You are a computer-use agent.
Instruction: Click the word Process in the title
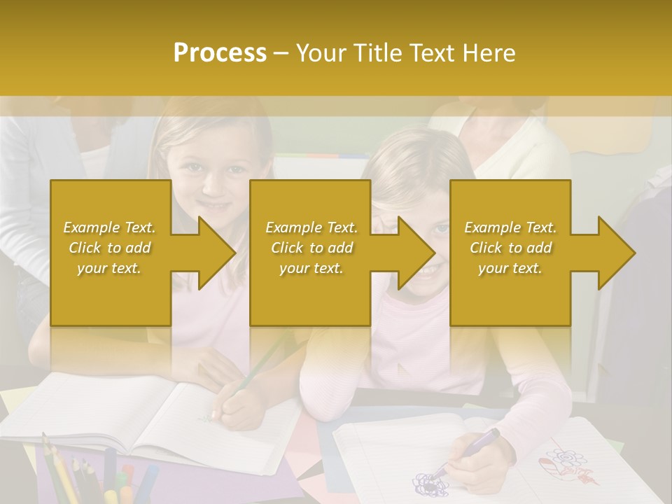(220, 53)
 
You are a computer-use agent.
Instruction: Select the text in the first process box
(109, 248)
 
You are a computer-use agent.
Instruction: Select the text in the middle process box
(311, 248)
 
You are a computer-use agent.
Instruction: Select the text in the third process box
(510, 248)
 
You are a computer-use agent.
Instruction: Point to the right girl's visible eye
(440, 228)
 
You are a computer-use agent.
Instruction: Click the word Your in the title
(322, 53)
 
